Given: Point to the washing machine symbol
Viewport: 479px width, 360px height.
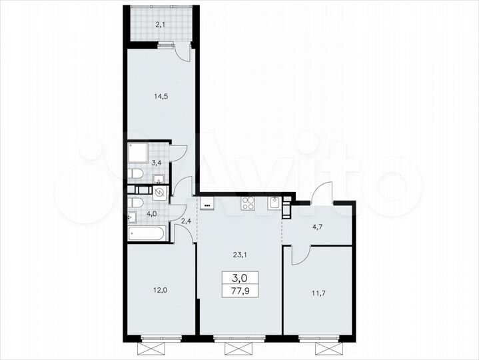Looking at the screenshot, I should pos(161,193).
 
